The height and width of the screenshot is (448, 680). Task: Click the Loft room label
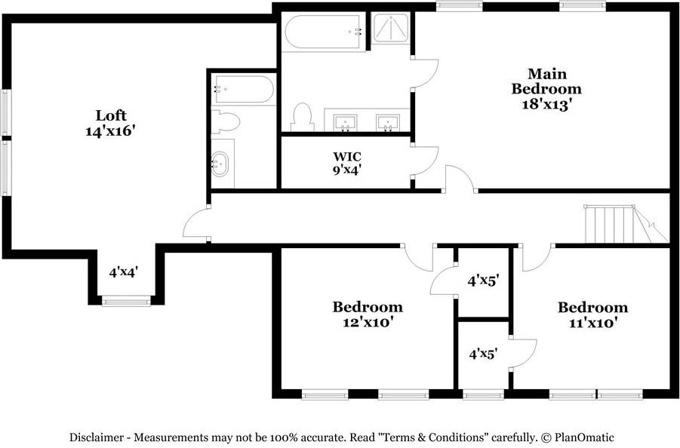click(111, 115)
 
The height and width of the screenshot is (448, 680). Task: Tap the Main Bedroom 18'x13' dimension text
click(545, 104)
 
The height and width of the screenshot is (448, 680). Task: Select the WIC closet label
click(347, 156)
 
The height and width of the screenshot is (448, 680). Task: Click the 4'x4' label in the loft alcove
click(124, 272)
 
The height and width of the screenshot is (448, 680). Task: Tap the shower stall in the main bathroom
click(390, 29)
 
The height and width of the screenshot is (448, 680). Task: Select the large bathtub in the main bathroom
click(323, 32)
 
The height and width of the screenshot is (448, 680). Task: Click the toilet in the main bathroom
click(303, 117)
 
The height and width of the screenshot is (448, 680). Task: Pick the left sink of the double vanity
click(345, 122)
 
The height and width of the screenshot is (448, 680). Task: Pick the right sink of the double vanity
click(388, 122)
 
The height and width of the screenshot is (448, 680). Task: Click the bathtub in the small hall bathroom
click(243, 89)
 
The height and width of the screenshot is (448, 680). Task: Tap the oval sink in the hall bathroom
click(220, 164)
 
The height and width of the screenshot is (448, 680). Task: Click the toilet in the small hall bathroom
click(226, 121)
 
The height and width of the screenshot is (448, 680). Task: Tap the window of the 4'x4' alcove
click(126, 300)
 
